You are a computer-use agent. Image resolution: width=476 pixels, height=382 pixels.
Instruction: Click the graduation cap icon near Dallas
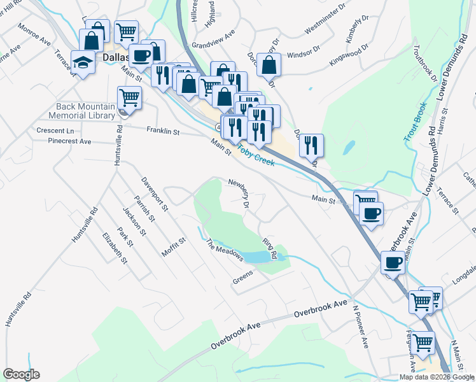tap(83, 61)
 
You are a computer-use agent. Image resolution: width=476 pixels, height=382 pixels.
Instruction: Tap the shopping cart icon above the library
tap(129, 97)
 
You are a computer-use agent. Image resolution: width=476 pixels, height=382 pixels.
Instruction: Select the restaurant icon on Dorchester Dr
tap(311, 145)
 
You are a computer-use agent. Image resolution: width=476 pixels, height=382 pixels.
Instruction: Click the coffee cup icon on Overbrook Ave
tap(393, 262)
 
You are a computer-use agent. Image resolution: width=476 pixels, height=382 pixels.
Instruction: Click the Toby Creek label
tap(256, 154)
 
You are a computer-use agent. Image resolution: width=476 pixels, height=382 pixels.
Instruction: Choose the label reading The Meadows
tap(225, 250)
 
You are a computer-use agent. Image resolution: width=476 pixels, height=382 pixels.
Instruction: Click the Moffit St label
tap(172, 245)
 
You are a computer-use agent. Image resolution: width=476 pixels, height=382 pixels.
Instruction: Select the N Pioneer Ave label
tap(361, 326)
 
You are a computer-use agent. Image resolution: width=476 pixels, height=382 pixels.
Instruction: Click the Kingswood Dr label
tap(349, 55)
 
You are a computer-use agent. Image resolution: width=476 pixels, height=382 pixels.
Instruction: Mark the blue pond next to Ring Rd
tap(258, 257)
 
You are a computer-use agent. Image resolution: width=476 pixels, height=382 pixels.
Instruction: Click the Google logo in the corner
tap(21, 374)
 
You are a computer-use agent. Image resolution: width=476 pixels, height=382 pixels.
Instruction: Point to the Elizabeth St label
tap(115, 248)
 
